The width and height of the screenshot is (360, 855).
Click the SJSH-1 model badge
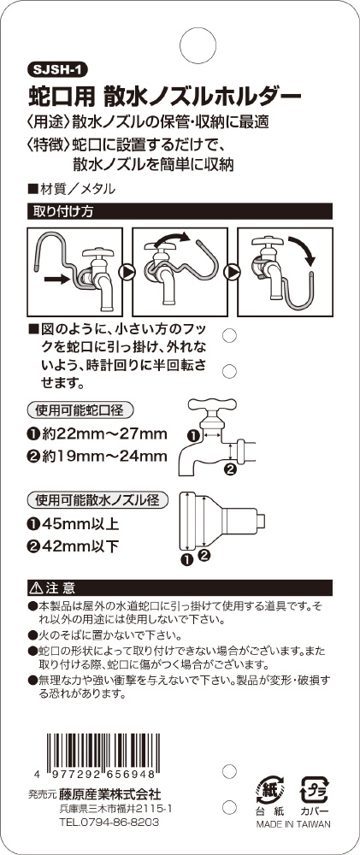57,70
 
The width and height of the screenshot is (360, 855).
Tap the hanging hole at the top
198,42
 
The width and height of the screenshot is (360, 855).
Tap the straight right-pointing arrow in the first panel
57,280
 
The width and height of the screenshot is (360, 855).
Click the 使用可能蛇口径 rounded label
80,409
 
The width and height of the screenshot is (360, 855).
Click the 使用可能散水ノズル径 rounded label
97,499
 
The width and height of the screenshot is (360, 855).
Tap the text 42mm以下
79,546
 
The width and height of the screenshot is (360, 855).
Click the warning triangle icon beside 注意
37,588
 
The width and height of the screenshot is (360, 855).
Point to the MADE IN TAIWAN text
293,824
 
